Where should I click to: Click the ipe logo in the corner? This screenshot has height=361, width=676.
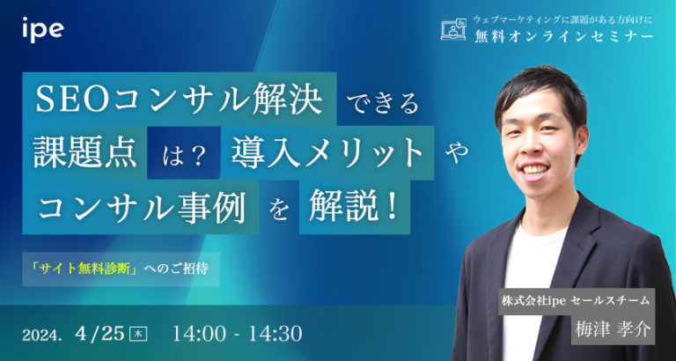click(43, 28)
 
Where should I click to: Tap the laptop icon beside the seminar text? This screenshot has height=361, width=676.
click(452, 30)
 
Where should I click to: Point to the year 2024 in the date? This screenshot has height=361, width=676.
click(45, 335)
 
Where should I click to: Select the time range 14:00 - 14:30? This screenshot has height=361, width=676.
click(239, 334)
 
